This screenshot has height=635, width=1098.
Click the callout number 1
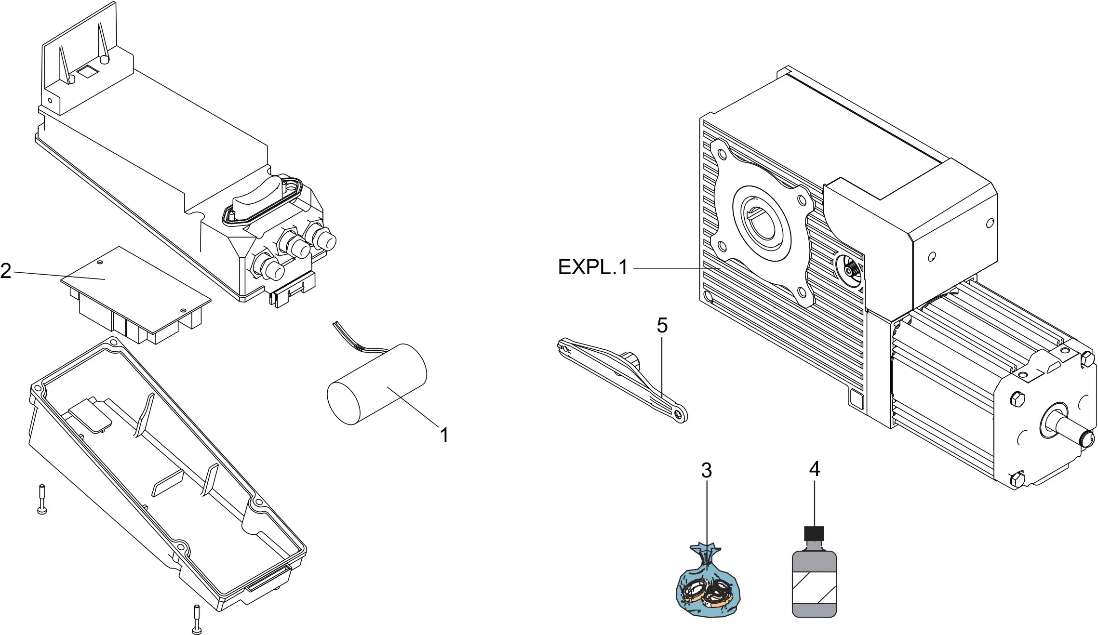(x=444, y=436)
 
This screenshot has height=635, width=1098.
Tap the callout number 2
(x=6, y=271)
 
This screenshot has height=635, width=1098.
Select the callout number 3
(x=706, y=471)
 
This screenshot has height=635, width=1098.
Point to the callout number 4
(x=814, y=469)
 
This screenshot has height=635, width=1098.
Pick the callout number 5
(x=662, y=326)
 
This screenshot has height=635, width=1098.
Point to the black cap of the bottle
(x=814, y=533)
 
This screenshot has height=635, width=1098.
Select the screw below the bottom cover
(x=196, y=620)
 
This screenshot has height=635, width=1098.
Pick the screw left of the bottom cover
(x=42, y=499)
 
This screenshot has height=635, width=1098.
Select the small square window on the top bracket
(x=88, y=72)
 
